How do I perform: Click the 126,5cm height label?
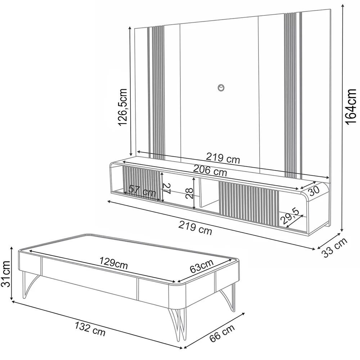click(x=123, y=107)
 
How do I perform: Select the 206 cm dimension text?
click(x=210, y=170)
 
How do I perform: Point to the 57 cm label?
click(x=143, y=191)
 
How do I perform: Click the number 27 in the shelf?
click(x=166, y=188)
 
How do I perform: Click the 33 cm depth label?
click(x=334, y=248)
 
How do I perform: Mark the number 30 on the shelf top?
click(x=314, y=191)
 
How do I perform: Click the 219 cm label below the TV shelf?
click(x=195, y=228)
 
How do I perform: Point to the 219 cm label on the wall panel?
click(x=222, y=157)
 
